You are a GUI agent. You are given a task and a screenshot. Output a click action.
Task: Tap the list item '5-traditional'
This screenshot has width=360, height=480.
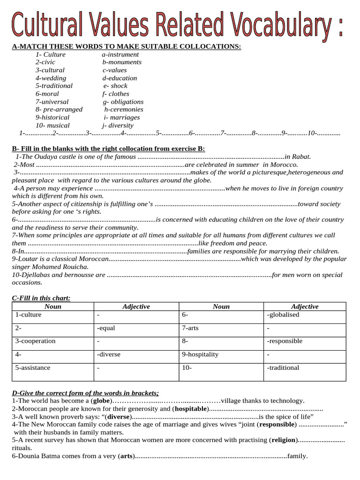tap(54, 86)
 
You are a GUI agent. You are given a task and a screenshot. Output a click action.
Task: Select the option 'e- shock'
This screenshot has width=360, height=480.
tap(115, 86)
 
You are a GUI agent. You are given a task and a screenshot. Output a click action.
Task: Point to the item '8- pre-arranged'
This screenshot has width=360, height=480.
tap(59, 109)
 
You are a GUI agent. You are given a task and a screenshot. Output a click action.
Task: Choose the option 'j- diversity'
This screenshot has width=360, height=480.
tap(118, 125)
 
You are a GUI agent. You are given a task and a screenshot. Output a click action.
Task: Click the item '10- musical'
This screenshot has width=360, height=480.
tap(52, 125)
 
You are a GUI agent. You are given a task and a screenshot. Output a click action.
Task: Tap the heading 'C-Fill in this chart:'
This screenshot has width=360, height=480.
tap(41, 298)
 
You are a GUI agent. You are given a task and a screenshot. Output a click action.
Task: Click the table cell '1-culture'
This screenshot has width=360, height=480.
tap(28, 315)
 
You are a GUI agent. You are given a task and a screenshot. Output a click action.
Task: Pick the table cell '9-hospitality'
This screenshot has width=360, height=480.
tap(200, 354)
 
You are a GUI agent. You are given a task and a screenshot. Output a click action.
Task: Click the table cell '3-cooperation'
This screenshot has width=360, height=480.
tap(35, 341)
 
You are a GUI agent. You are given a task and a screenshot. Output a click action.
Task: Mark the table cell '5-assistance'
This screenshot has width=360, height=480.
tap(33, 367)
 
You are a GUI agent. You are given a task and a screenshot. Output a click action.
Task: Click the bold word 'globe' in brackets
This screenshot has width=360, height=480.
tap(101, 400)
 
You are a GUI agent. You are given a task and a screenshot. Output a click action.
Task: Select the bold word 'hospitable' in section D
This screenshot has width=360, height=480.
tap(191, 408)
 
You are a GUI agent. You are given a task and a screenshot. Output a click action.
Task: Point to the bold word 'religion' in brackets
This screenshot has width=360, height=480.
tap(283, 440)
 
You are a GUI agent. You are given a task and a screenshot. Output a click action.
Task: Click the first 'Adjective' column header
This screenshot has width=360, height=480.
tap(136, 307)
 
